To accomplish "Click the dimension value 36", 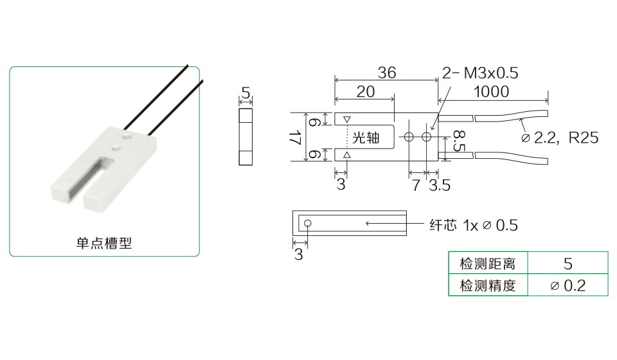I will [x=387, y=73].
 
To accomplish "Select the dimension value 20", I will [x=365, y=92].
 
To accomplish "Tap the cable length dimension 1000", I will [x=491, y=92].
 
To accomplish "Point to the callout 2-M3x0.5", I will [x=480, y=73].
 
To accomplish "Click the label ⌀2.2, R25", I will [x=559, y=138].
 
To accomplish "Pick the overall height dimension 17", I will [x=295, y=137].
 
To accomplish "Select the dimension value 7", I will [x=416, y=185].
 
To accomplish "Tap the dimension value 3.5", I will [x=440, y=185].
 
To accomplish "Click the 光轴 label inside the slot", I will [x=366, y=138].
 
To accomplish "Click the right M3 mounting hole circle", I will [x=426, y=137].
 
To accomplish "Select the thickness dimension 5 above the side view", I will [x=246, y=91].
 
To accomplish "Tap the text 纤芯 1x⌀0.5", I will [x=473, y=225].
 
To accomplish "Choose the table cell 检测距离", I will [x=488, y=264].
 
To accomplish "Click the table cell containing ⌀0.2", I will [x=568, y=285].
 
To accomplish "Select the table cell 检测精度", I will [x=488, y=285].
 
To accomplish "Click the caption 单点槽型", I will [x=103, y=244].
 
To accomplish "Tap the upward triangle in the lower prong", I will [x=347, y=155].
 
